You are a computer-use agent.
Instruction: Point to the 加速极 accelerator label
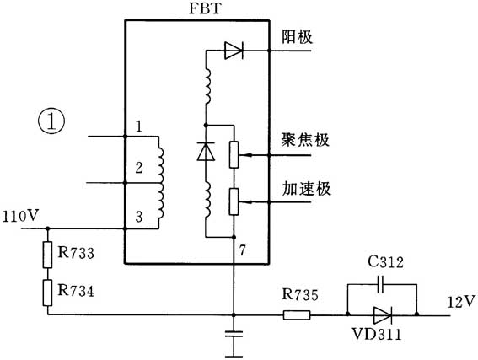[307, 188]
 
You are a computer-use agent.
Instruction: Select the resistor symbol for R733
[48, 252]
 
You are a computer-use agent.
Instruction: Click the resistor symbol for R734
[48, 292]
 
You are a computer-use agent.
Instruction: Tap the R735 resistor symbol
[296, 316]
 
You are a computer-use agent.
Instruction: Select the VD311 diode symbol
[382, 316]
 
